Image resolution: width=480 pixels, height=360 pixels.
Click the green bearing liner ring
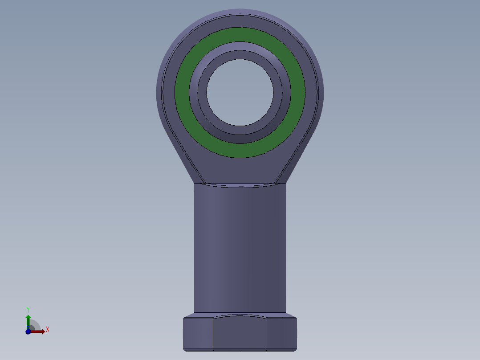point(240,34)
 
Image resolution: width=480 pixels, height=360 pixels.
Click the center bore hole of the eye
point(240,92)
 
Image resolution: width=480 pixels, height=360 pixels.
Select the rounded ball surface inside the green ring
point(240,45)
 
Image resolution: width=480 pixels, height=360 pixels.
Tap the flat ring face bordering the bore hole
point(240,54)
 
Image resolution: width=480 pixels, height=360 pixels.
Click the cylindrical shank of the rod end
point(240,248)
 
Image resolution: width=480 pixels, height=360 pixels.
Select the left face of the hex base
point(198,334)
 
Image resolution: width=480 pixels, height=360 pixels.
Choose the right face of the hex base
point(282,334)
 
